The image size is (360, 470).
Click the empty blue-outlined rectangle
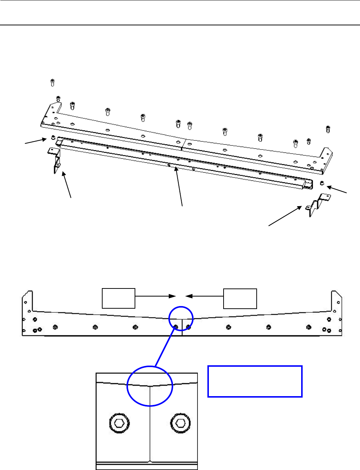pyautogui.click(x=255, y=381)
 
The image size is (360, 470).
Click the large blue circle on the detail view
pyautogui.click(x=150, y=386)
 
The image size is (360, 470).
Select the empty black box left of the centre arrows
pyautogui.click(x=119, y=298)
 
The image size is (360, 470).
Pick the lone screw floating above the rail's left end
pyautogui.click(x=52, y=82)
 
